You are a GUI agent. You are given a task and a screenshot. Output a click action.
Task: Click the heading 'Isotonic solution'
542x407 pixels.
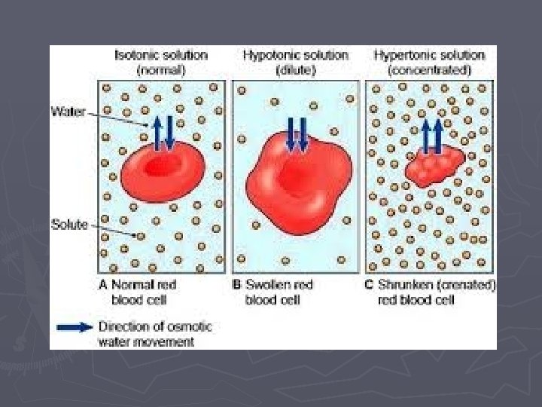(160, 55)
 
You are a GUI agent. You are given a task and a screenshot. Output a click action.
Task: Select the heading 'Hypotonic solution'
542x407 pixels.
(296, 55)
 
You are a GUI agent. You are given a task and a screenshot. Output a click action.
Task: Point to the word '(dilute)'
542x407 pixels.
(295, 69)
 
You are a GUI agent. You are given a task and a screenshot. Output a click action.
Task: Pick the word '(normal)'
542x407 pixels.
(160, 69)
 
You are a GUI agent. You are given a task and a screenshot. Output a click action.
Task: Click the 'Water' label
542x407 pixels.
(67, 112)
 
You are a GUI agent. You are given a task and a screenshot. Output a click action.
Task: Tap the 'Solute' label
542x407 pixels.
(69, 224)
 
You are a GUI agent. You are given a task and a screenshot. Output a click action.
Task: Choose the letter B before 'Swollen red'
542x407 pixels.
(237, 285)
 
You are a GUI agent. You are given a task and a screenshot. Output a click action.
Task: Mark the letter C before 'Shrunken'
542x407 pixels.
(370, 285)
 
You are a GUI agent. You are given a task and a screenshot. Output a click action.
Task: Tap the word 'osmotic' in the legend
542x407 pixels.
(189, 327)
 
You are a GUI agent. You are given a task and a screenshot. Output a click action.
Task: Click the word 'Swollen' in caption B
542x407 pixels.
(267, 285)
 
